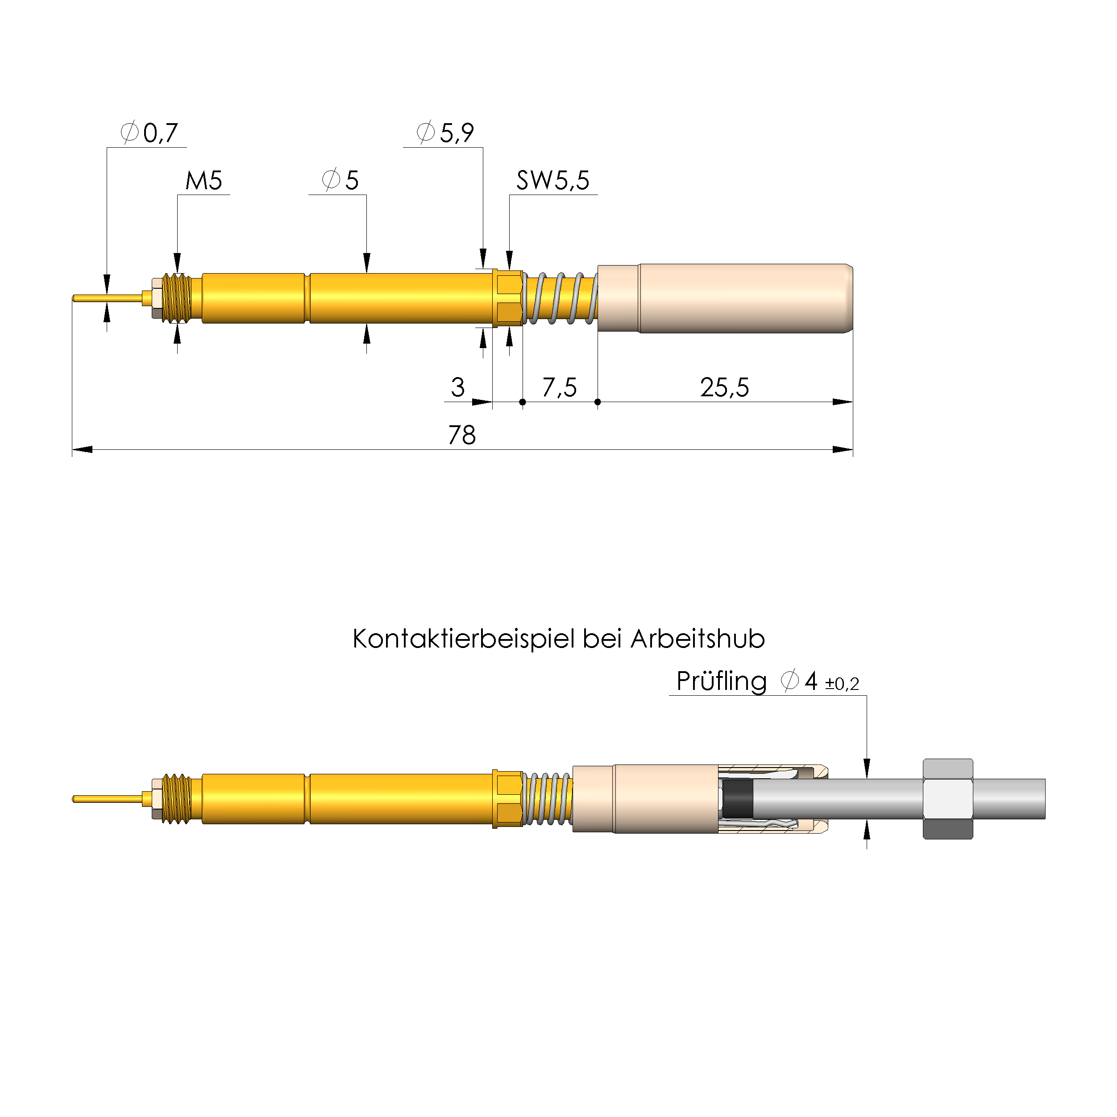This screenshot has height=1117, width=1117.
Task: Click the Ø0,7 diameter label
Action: [x=149, y=133]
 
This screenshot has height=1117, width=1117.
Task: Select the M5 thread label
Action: [x=203, y=180]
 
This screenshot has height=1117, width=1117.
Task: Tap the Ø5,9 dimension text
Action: [x=445, y=133]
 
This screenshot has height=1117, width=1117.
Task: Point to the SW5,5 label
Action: [x=553, y=180]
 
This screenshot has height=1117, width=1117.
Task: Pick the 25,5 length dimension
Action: [x=724, y=387]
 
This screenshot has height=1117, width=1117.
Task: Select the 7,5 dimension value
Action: [x=559, y=387]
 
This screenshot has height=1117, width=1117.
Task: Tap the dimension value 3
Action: [x=457, y=387]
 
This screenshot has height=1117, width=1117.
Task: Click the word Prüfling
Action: [x=721, y=681]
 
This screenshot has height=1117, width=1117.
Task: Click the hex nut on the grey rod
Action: [x=947, y=798]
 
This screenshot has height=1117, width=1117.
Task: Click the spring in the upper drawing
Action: [x=560, y=299]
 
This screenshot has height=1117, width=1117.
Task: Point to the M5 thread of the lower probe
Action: [x=176, y=798]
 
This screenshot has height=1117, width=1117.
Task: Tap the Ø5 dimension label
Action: [x=340, y=180]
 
